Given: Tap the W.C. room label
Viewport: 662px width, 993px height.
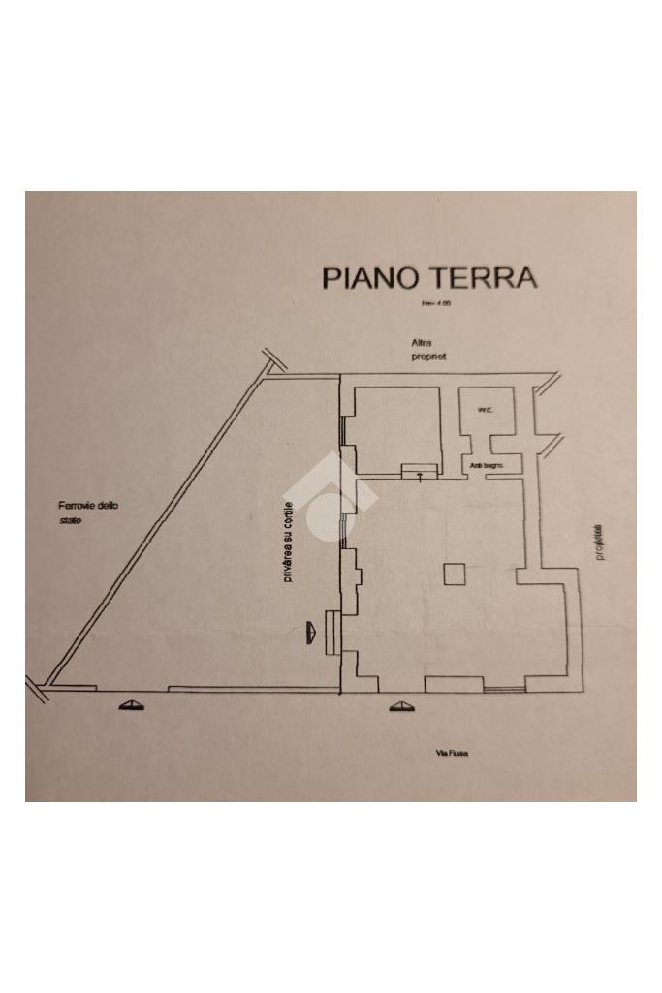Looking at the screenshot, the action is click(x=485, y=411).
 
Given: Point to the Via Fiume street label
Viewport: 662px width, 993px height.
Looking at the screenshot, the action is click(x=452, y=754).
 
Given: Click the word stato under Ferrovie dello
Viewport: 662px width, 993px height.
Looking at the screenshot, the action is click(x=70, y=522).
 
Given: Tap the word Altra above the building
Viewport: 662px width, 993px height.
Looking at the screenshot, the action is click(x=421, y=343).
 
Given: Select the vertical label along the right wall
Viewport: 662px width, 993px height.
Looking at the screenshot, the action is click(x=598, y=543).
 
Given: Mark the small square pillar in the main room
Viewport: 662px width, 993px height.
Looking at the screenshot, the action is click(x=455, y=574).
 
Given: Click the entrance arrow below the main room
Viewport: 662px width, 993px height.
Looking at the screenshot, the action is click(x=399, y=707).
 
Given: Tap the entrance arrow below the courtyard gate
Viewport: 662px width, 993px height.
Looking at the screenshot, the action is click(x=132, y=706).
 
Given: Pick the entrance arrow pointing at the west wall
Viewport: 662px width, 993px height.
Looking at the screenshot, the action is click(x=311, y=632).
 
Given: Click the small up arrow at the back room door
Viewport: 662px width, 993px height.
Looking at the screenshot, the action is click(x=419, y=476).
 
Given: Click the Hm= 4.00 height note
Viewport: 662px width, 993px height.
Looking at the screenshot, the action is click(x=435, y=304).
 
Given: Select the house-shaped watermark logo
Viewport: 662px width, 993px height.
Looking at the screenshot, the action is click(x=330, y=499).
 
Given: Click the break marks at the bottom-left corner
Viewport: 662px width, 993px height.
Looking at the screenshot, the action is click(x=39, y=690).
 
